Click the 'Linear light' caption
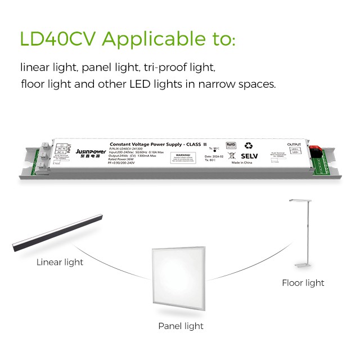click(x=60, y=262)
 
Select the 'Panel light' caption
click(x=181, y=326)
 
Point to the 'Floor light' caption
click(x=303, y=283)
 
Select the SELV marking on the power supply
click(x=249, y=156)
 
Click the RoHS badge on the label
click(x=231, y=145)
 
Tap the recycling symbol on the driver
click(x=248, y=145)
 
